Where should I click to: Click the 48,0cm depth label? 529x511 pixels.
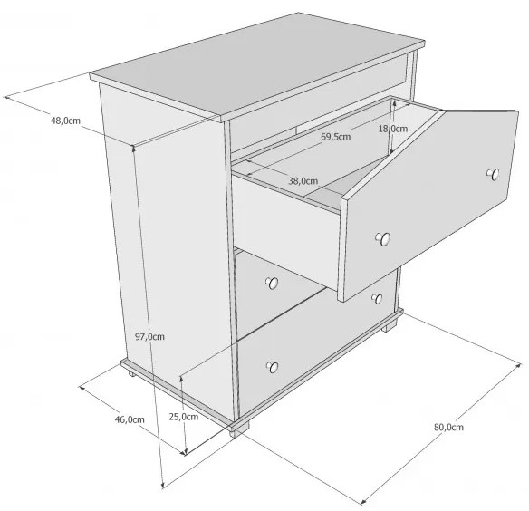pos(65,121)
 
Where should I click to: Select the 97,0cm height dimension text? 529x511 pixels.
pos(149,336)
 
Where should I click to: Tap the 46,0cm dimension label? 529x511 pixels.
pos(130,419)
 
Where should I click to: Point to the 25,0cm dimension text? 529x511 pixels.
pos(184,417)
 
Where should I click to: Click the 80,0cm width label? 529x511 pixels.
pos(448,427)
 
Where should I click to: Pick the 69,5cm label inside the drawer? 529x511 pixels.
pos(336,137)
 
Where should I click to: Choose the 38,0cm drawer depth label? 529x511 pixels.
pos(303,181)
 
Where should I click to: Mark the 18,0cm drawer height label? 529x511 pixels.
pos(393,129)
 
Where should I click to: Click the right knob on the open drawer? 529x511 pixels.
pos(494,175)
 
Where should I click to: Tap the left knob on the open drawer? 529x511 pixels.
pos(383,238)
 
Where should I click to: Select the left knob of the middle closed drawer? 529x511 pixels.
pos(272,284)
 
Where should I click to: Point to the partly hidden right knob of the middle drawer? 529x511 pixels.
pos(377,298)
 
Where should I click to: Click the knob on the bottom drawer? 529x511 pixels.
pos(273,367)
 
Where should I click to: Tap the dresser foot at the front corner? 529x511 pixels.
pos(238,430)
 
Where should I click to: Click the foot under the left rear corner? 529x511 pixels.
pos(131,373)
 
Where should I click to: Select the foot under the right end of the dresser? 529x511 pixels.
pos(390,326)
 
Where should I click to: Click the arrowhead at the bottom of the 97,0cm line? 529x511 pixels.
pos(163,486)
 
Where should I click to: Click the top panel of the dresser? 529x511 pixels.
pos(257,63)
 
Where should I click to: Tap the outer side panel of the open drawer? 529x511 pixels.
pos(287,229)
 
